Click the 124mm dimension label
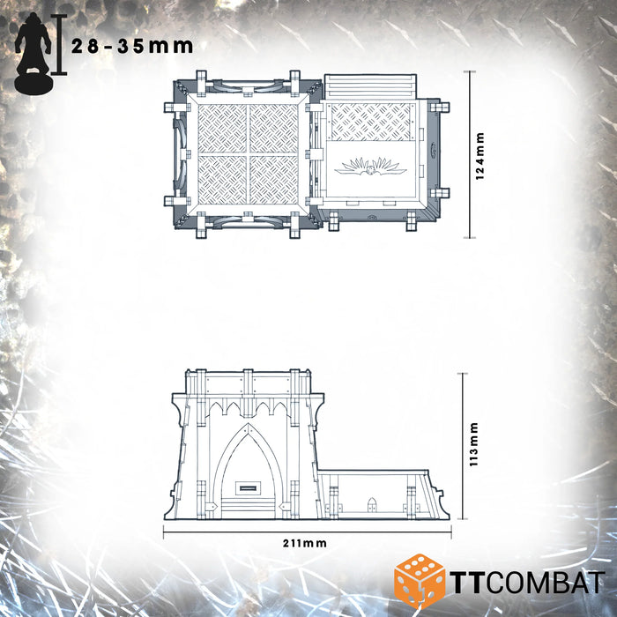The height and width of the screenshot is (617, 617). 480,156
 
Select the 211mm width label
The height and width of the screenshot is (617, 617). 307,544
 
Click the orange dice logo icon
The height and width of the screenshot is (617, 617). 419,579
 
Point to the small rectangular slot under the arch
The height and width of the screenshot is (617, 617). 248,486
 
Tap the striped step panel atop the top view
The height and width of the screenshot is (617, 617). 369,87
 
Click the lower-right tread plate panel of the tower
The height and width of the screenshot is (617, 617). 274,181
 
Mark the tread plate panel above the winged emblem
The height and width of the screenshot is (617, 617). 370,121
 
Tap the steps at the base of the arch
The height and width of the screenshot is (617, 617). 248,506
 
